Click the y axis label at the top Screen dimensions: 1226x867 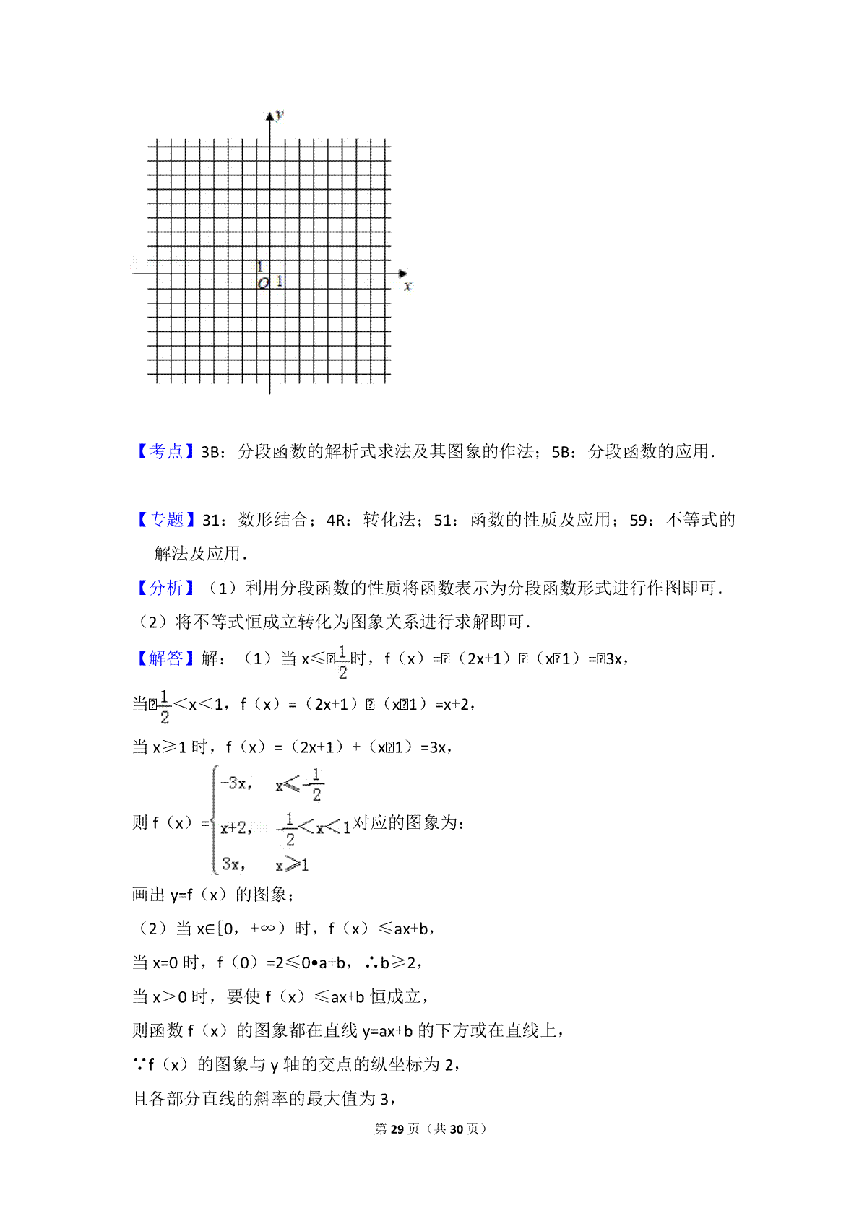coord(280,115)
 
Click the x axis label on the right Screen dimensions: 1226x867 coord(407,287)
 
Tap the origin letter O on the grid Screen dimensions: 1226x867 coord(263,284)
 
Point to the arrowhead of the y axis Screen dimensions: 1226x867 coord(270,116)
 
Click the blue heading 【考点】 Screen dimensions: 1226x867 coord(165,452)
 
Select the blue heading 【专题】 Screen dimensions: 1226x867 coord(165,520)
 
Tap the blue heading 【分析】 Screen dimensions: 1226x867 coord(165,588)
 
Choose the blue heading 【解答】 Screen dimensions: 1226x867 coord(165,658)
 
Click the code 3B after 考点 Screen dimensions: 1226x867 coord(210,453)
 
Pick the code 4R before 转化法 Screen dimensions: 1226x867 coord(336,521)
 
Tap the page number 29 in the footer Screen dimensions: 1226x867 coord(397,1129)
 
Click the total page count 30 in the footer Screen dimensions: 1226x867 coord(456,1129)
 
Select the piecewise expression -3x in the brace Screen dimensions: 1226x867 coord(235,783)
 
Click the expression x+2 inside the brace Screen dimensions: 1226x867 coord(236,827)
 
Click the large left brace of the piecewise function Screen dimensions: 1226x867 coord(214,821)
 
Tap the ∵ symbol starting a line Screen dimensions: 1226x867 coord(139,1064)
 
